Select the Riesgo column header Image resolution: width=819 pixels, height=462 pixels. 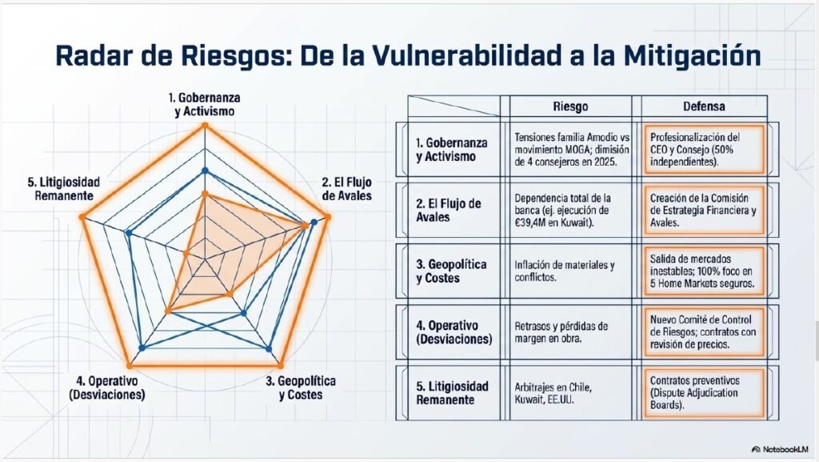point(570,106)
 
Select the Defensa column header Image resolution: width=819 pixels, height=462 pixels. point(704,106)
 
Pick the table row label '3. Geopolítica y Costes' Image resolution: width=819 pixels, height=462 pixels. point(451,271)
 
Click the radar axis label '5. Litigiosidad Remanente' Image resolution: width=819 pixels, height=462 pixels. point(64,189)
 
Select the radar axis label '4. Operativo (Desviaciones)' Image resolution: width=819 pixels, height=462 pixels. point(106,388)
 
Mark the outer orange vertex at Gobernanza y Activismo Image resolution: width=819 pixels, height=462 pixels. point(205,125)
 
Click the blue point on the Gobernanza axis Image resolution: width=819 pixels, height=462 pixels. point(206,171)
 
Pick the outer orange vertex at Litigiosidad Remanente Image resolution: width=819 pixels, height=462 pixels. point(82,216)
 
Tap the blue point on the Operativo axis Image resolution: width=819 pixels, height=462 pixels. point(142,348)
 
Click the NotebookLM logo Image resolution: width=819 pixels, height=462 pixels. point(779,449)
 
